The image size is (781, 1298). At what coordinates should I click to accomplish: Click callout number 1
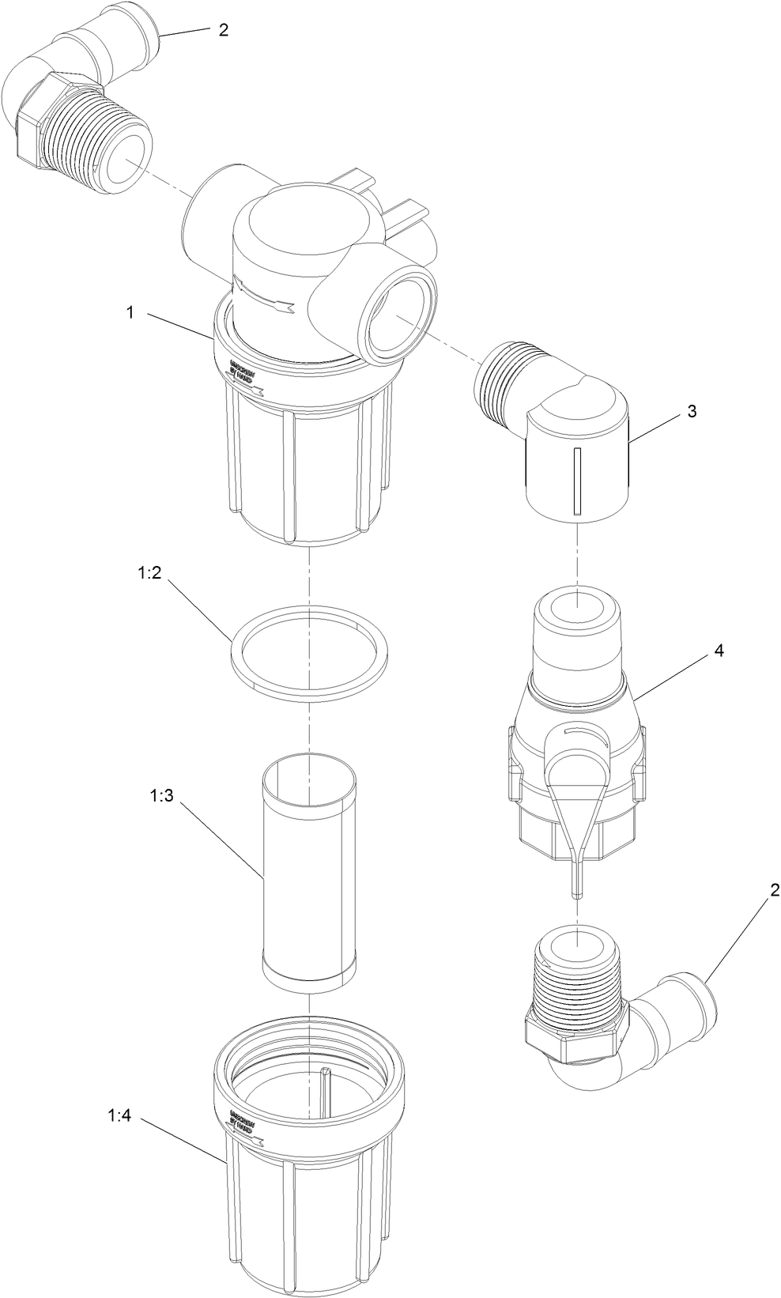130,312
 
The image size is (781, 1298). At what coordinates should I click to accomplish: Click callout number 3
692,411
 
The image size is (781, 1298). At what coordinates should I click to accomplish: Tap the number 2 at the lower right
775,890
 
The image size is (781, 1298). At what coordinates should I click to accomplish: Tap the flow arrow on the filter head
265,296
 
